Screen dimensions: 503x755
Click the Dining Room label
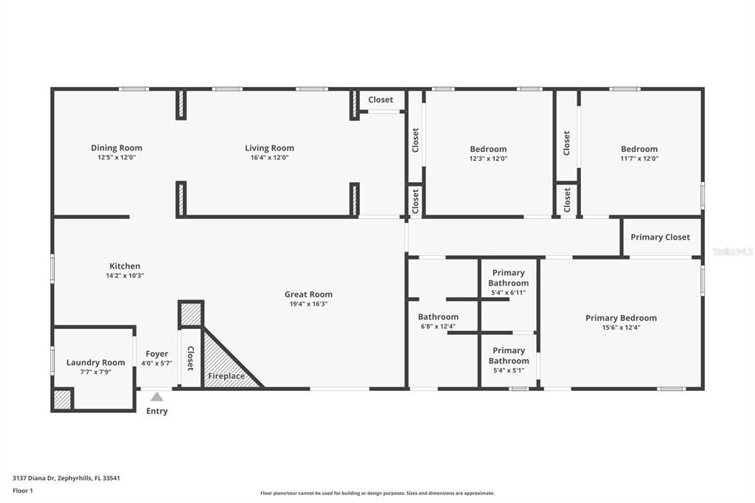(116, 148)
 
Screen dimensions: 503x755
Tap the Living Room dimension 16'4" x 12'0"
(269, 158)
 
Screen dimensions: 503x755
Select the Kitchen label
(125, 266)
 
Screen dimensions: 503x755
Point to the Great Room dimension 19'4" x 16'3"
(308, 304)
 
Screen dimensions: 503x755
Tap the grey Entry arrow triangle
(157, 397)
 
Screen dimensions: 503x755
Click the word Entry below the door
(157, 411)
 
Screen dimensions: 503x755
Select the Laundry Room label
(96, 362)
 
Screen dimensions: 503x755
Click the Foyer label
(156, 354)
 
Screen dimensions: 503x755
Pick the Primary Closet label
(660, 237)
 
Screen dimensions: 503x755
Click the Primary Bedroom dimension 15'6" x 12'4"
(621, 327)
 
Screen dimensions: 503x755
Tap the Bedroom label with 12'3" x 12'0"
(488, 149)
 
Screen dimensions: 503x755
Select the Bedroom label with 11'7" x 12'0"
(639, 149)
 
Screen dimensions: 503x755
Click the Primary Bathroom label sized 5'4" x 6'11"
(508, 278)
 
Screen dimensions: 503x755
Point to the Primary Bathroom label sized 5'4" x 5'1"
(508, 355)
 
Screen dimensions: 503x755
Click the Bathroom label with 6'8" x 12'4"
(438, 317)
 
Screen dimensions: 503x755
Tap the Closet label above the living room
(380, 100)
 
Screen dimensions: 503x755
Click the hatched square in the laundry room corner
(63, 400)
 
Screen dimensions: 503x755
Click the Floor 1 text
(23, 490)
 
